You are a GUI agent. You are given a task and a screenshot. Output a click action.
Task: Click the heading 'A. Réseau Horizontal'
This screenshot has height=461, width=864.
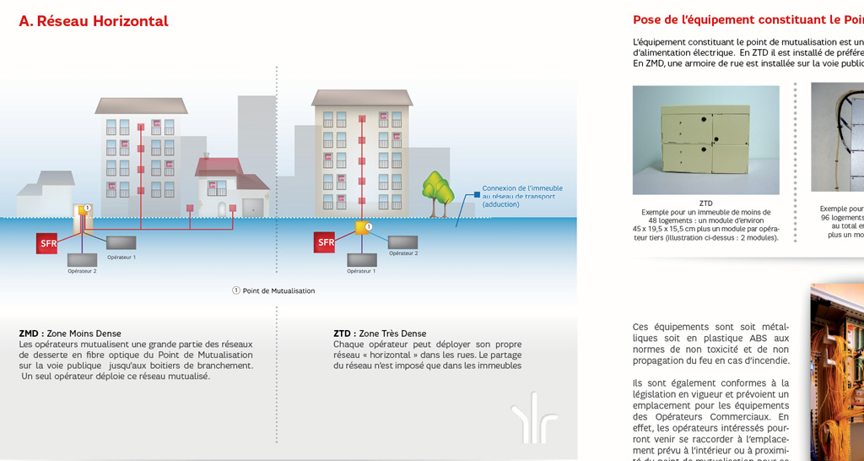pyautogui.click(x=94, y=21)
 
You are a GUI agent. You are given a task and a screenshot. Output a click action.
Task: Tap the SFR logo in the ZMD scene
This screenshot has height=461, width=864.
pyautogui.click(x=46, y=243)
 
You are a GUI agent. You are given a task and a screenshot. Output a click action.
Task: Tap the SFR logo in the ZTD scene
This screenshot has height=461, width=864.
pyautogui.click(x=324, y=242)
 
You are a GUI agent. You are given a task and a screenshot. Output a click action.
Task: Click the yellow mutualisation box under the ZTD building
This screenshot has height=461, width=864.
pyautogui.click(x=361, y=227)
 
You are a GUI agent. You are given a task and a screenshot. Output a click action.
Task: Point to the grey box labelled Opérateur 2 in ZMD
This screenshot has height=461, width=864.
pyautogui.click(x=82, y=260)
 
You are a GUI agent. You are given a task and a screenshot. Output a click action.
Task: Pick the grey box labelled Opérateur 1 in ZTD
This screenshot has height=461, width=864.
pyautogui.click(x=361, y=260)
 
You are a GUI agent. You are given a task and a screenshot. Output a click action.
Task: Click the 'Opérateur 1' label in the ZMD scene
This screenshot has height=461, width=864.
pyautogui.click(x=121, y=257)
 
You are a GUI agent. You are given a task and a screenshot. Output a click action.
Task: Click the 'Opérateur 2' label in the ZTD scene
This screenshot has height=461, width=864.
pyautogui.click(x=403, y=252)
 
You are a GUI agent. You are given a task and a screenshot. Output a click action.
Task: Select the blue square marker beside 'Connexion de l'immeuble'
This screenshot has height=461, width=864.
pyautogui.click(x=477, y=194)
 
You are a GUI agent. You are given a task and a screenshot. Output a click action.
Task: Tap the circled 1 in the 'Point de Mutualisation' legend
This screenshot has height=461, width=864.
pyautogui.click(x=236, y=290)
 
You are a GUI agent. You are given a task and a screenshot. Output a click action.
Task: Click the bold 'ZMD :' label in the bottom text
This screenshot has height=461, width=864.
pyautogui.click(x=31, y=334)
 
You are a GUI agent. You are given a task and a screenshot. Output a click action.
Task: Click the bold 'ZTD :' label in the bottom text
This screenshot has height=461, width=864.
pyautogui.click(x=344, y=334)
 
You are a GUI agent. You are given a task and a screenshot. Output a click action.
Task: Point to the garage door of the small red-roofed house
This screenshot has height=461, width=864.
pyautogui.click(x=252, y=207)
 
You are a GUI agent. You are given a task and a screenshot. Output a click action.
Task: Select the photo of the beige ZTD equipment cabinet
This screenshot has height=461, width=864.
pyautogui.click(x=705, y=139)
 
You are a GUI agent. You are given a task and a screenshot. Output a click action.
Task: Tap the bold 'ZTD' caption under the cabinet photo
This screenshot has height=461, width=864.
pyautogui.click(x=705, y=203)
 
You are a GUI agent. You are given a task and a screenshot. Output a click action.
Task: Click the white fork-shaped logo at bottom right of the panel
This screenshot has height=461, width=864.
pyautogui.click(x=533, y=417)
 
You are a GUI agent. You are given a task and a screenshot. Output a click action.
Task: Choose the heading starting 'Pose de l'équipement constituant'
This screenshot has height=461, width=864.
pyautogui.click(x=748, y=19)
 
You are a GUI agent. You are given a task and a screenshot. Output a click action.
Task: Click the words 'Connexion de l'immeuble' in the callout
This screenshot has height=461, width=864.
pyautogui.click(x=521, y=188)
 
